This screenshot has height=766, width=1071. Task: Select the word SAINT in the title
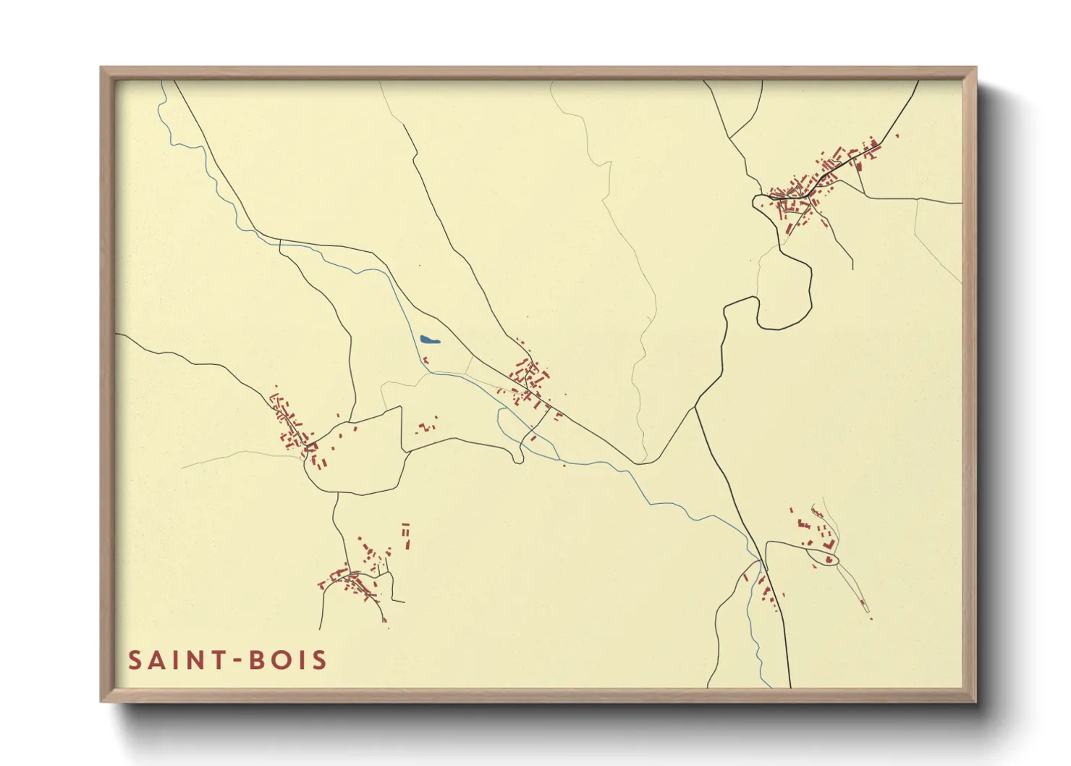click(174, 660)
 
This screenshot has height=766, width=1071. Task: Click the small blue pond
click(428, 339)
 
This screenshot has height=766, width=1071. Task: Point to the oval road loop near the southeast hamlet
click(825, 558)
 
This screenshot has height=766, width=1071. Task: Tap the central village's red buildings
click(529, 379)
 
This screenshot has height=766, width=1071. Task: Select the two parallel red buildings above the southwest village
click(406, 535)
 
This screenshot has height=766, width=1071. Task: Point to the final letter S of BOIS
click(319, 660)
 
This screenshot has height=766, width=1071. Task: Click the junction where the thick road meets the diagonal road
click(695, 407)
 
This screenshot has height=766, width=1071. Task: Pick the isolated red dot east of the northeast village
click(897, 135)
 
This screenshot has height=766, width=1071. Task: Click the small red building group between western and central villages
click(427, 426)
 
